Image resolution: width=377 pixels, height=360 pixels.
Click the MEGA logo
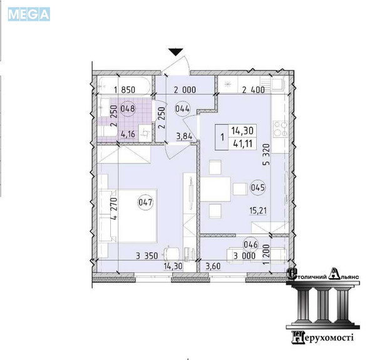29,14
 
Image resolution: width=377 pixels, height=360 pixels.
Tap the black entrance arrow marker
176,52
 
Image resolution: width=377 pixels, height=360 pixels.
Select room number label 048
128,108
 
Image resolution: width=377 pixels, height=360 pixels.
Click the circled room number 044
182,109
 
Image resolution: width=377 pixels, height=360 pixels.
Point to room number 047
145,202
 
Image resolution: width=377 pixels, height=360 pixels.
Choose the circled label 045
257,187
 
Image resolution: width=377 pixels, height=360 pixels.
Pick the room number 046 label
250,245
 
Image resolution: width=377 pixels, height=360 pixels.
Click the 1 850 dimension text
125,90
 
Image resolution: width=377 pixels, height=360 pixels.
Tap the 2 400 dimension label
254,90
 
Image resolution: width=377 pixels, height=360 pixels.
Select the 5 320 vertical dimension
266,155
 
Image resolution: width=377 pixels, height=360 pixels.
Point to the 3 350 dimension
147,255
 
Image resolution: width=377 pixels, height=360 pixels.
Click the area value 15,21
258,211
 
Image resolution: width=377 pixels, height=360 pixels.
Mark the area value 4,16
128,134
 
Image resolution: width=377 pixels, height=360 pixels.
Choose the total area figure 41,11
243,144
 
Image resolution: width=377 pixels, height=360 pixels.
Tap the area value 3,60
213,266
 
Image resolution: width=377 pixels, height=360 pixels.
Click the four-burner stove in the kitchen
281,129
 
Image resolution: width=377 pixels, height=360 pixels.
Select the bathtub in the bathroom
125,85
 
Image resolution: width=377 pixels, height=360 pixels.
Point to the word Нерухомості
323,337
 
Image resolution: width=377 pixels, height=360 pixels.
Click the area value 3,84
184,136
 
